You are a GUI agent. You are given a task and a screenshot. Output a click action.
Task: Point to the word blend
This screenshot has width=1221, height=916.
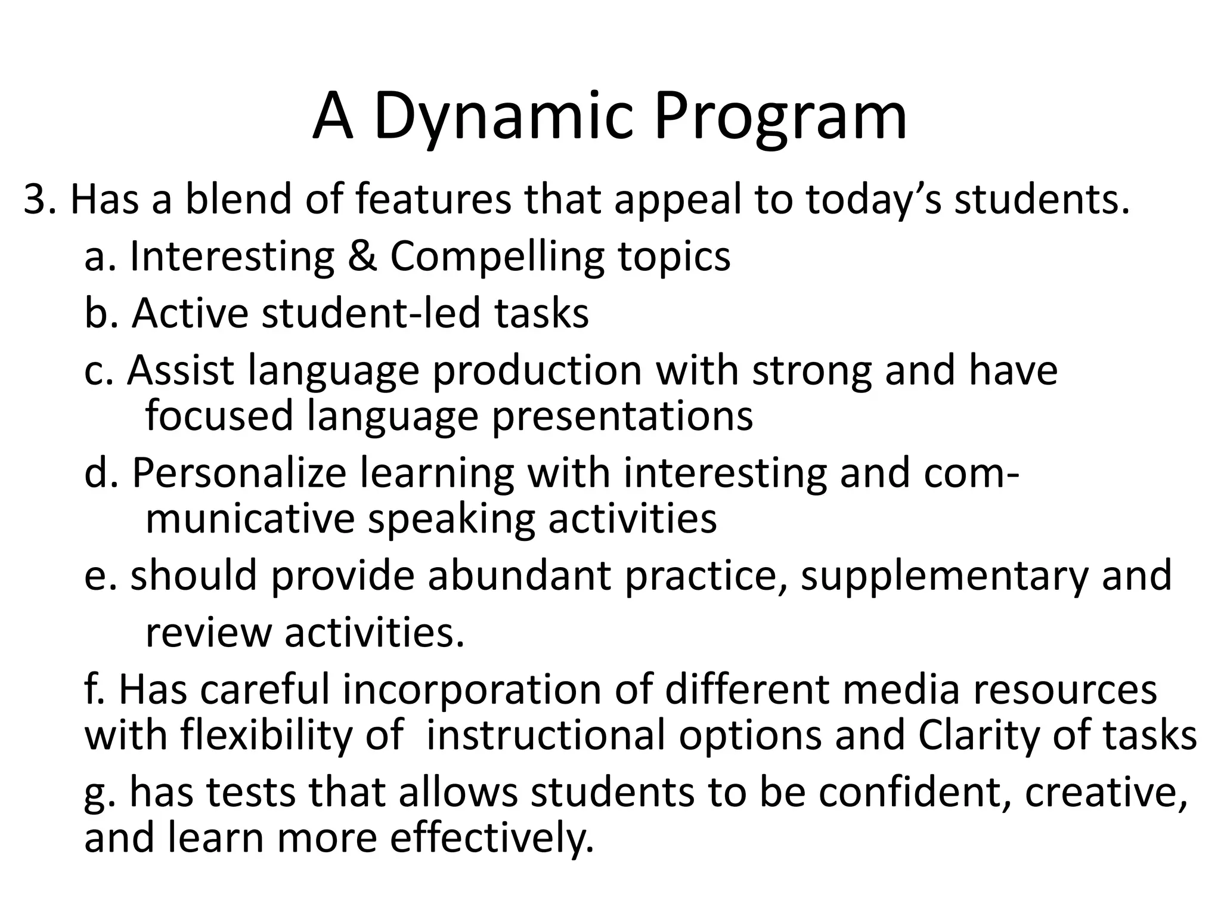(239, 200)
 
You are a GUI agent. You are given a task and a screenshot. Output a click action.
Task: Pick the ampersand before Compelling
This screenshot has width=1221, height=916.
(362, 256)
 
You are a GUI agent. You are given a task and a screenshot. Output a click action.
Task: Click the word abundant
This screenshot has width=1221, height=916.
(519, 575)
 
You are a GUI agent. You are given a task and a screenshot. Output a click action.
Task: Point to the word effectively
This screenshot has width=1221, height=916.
(491, 838)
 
